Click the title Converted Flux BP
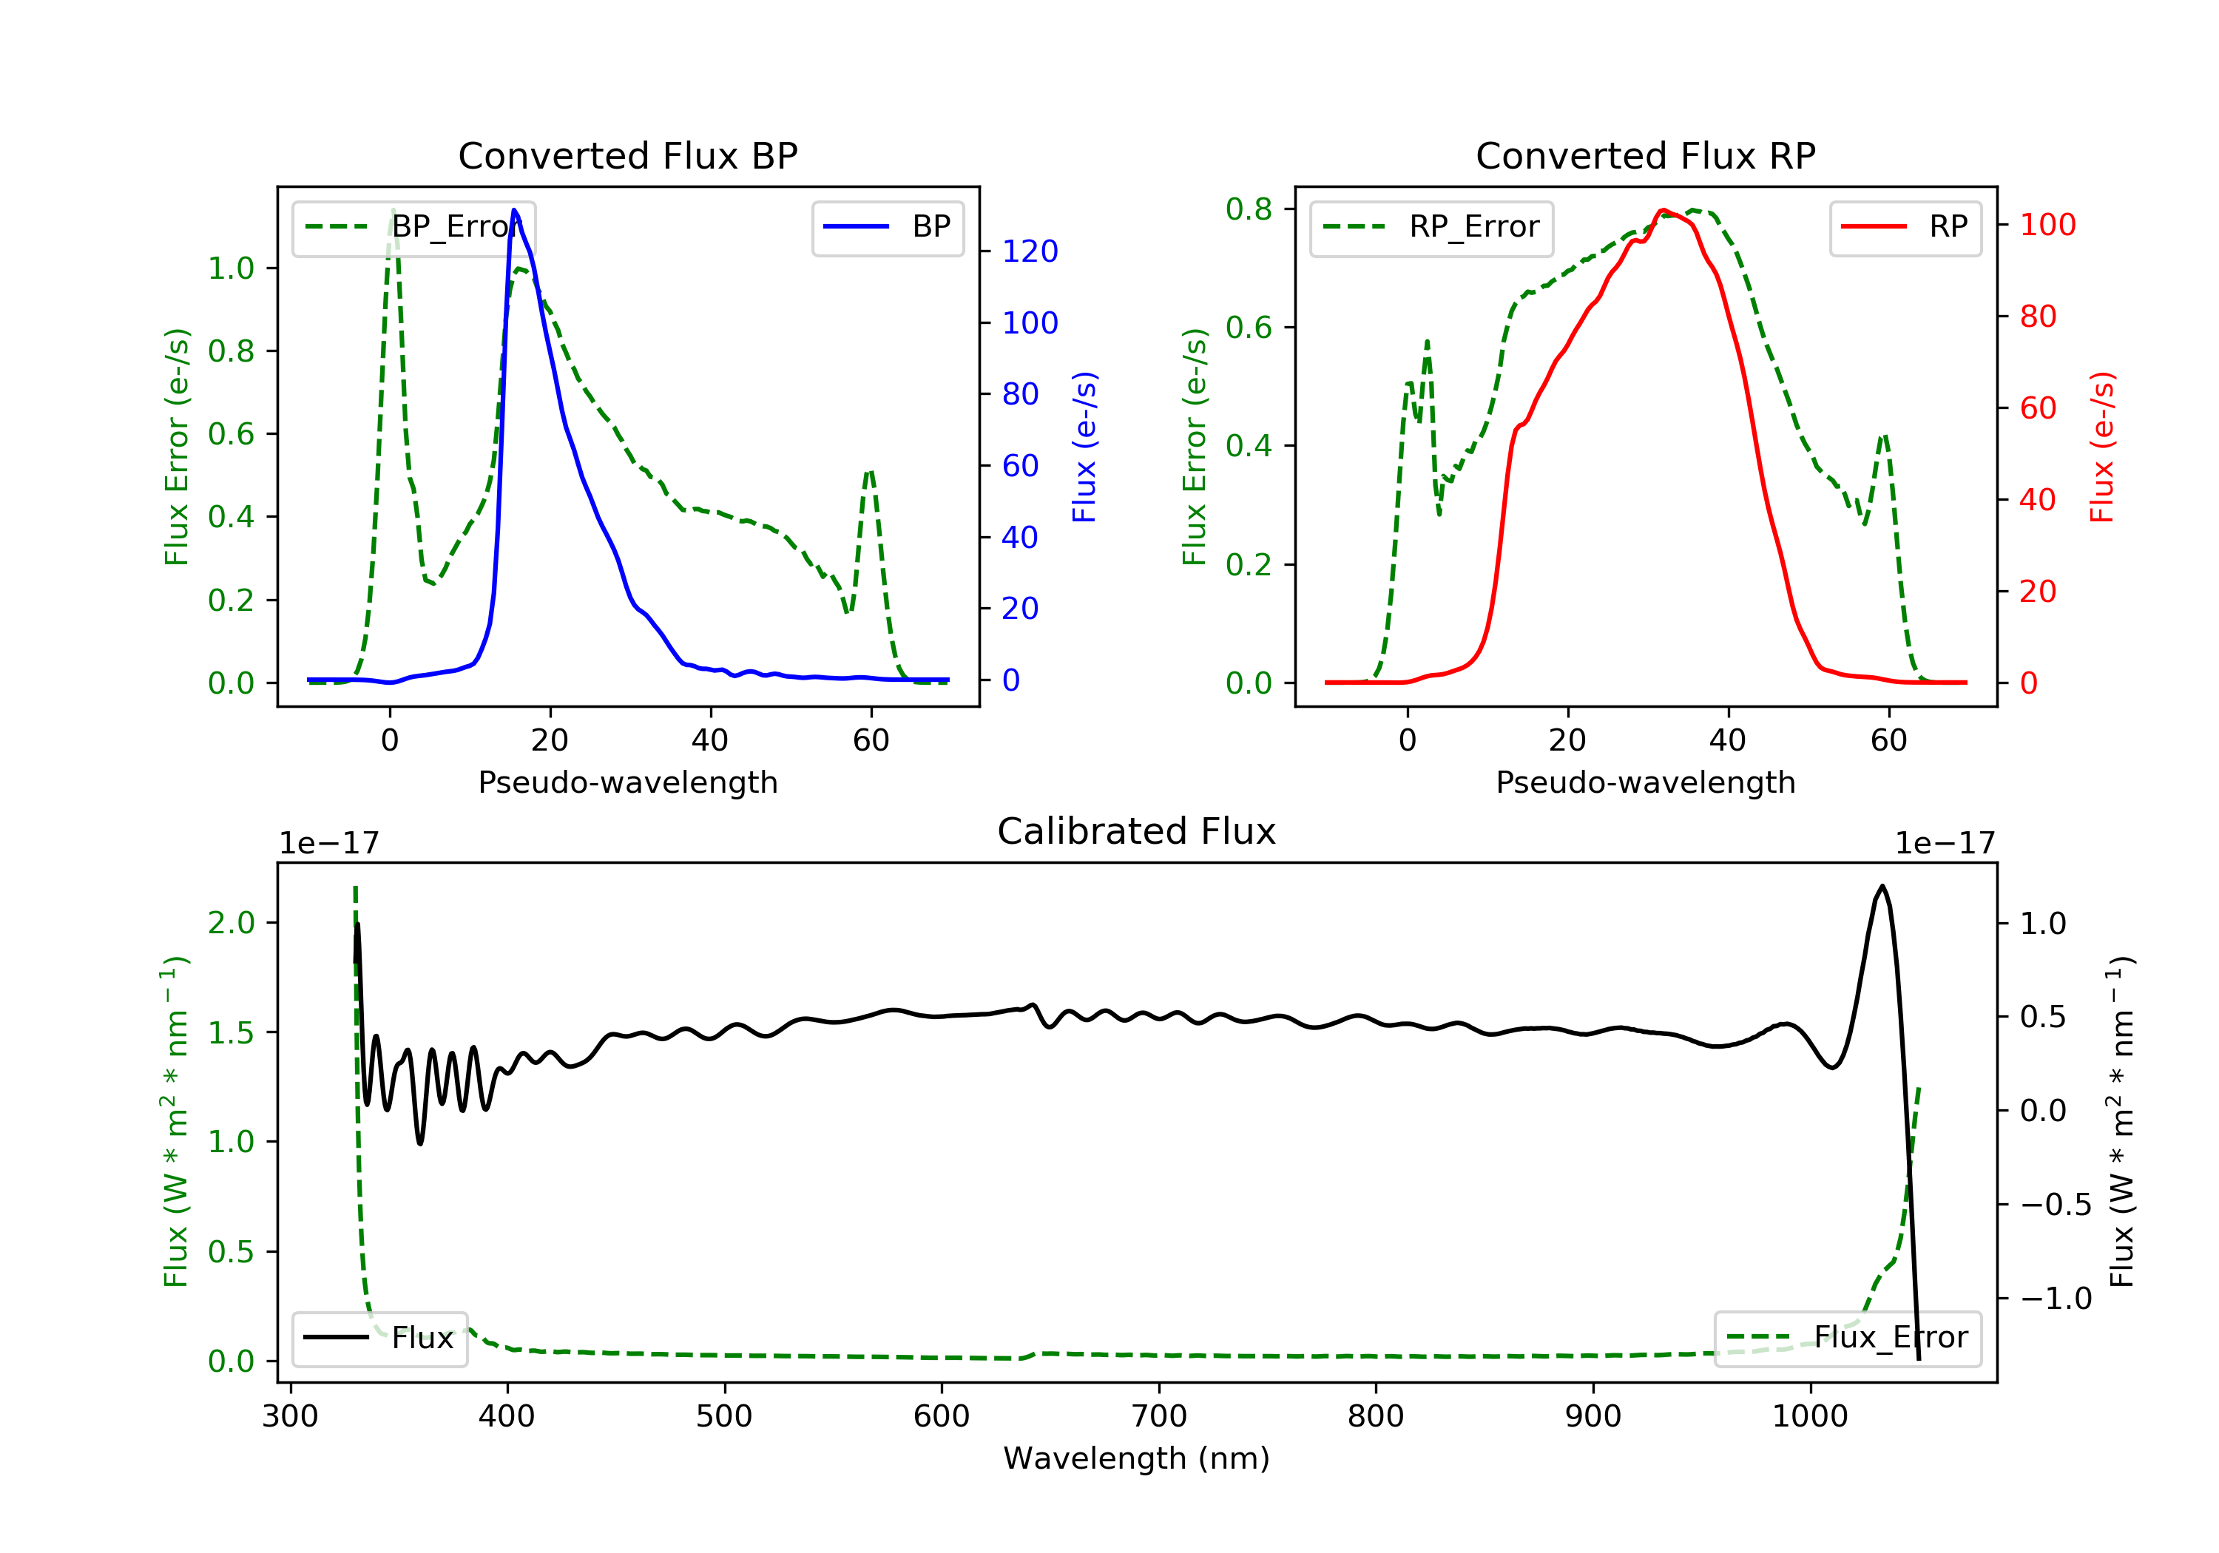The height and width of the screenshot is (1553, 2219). (x=628, y=155)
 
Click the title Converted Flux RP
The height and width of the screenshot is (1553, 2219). (x=1646, y=155)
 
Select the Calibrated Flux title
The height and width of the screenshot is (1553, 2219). (x=1137, y=831)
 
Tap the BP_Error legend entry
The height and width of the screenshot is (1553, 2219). (x=413, y=227)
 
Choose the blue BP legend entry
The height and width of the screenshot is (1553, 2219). (x=887, y=227)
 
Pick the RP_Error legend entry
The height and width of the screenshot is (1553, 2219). (x=1431, y=227)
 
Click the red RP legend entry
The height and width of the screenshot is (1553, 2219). (x=1905, y=227)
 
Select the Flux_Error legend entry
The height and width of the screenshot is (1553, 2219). (x=1848, y=1338)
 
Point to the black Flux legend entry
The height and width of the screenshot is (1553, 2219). (x=379, y=1339)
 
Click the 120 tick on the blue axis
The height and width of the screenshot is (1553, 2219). (x=1030, y=251)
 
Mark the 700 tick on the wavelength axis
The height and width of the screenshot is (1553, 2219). (x=1159, y=1417)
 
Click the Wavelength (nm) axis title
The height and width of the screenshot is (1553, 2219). (x=1137, y=1458)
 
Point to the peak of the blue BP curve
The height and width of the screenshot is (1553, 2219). (x=514, y=210)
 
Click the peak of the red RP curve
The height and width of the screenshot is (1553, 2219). (x=1662, y=210)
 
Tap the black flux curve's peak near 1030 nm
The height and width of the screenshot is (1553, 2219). (x=1882, y=886)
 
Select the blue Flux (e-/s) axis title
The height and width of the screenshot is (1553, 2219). (x=1085, y=447)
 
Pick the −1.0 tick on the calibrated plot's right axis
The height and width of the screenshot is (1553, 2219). (x=2056, y=1299)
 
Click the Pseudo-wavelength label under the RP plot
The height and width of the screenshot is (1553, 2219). (x=1646, y=782)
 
